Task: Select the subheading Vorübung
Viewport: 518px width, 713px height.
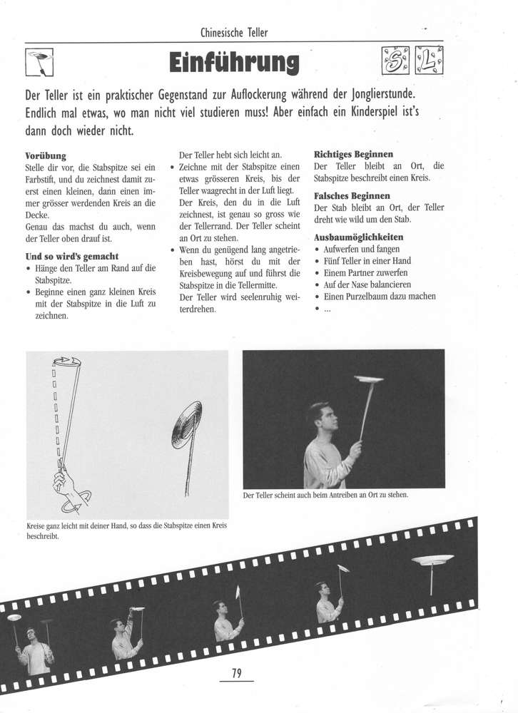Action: pyautogui.click(x=46, y=154)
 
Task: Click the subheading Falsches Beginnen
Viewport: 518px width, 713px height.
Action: pyautogui.click(x=352, y=195)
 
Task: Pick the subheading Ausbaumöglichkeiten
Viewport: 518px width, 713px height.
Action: pyautogui.click(x=358, y=237)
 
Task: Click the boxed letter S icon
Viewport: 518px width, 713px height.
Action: pyautogui.click(x=395, y=62)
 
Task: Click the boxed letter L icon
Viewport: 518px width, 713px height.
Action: pyautogui.click(x=427, y=62)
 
